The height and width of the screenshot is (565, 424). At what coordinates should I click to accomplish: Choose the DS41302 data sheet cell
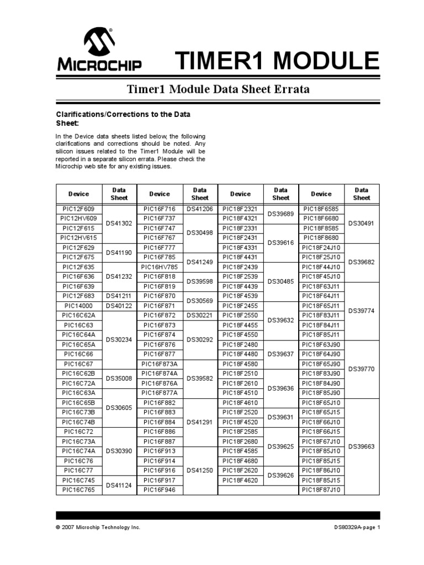[119, 223]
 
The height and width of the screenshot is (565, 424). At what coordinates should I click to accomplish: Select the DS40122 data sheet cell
[119, 305]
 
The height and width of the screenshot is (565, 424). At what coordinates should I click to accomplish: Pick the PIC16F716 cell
[159, 209]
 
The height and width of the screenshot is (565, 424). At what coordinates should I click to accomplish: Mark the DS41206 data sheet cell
[200, 209]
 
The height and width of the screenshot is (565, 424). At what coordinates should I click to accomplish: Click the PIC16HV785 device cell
[159, 267]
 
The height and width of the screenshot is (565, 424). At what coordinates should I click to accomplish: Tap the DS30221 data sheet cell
[200, 315]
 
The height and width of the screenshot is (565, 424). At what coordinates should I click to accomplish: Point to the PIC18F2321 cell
[240, 209]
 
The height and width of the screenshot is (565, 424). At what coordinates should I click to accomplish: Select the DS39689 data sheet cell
[280, 214]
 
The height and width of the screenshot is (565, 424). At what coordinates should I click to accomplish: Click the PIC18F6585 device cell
[321, 209]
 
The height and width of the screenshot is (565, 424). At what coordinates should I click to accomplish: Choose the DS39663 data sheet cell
[362, 446]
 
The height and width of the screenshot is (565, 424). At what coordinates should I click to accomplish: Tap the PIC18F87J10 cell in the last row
[321, 489]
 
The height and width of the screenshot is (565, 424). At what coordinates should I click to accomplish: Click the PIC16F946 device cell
[159, 489]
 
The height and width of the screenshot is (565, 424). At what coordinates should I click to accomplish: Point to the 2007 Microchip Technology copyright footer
[98, 527]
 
